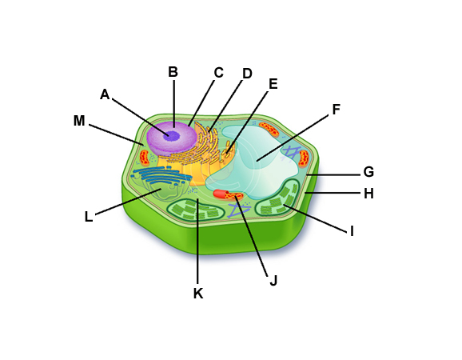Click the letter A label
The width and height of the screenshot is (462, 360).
pos(105,94)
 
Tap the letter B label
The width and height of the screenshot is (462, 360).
pos(173,72)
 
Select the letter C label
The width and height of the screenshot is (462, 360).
pos(219,73)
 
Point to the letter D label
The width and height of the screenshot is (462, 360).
pos(247,74)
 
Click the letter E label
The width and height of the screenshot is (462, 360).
pos(273,84)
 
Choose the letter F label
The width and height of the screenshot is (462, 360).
pos(337,110)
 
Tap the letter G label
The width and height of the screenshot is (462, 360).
pos(368,172)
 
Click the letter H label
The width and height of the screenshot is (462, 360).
pos(368,194)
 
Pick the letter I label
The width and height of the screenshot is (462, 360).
pos(352,232)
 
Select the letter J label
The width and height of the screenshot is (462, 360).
pos(273,281)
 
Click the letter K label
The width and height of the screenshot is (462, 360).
pos(198,294)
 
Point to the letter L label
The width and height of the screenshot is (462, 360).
pos(89,217)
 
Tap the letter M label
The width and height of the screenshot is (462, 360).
pos(79,121)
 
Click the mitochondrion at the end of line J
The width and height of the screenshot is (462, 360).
pos(229,195)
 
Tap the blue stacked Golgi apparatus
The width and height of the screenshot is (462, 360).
pos(161,175)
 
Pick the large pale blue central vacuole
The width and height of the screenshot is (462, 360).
pos(253,161)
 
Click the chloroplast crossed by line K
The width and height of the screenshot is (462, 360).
pos(195,210)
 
